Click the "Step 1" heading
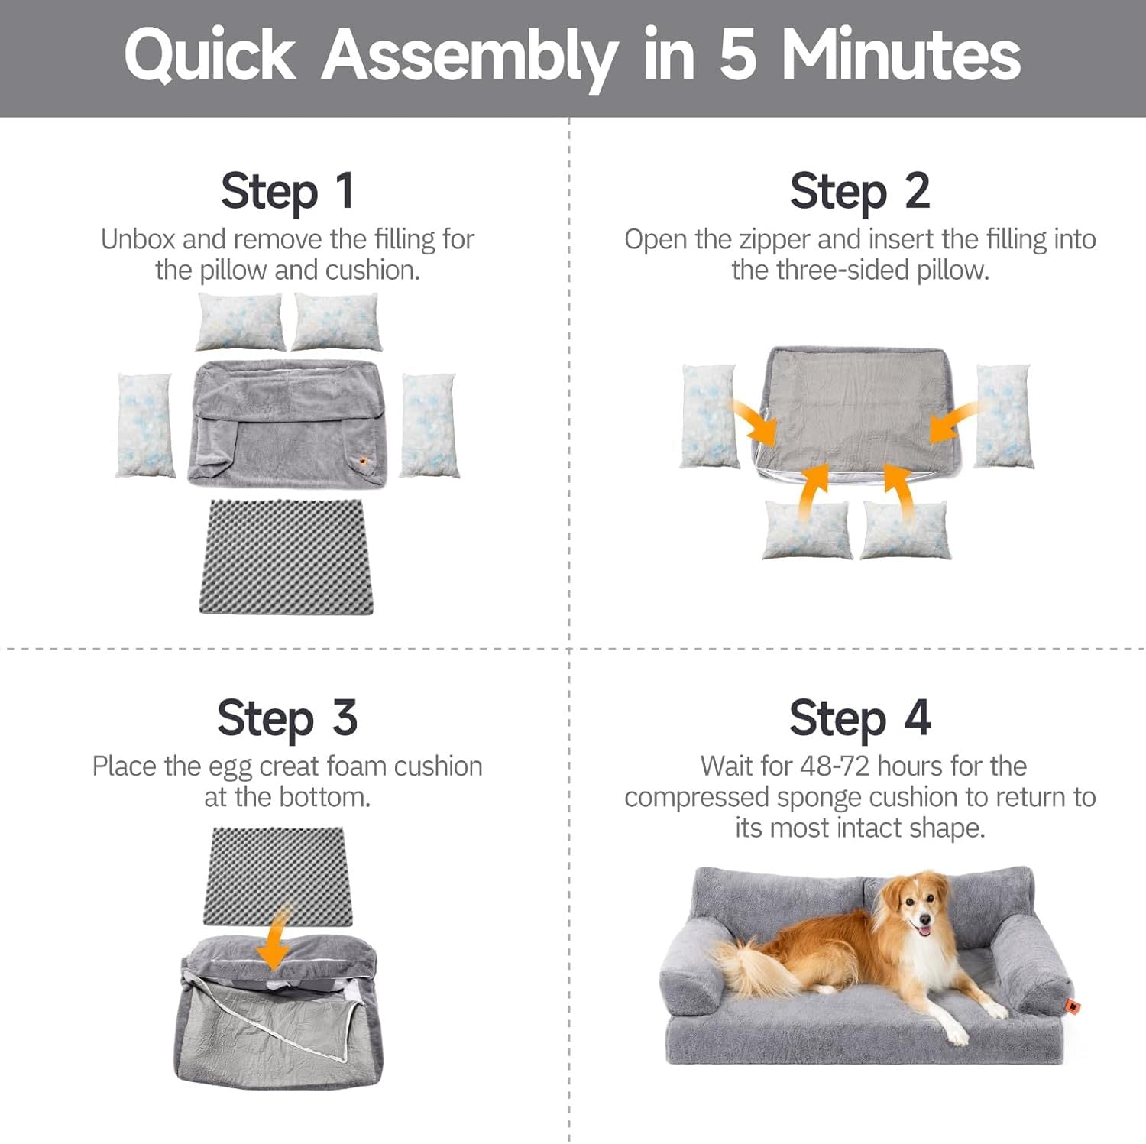point(287,190)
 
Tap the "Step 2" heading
point(859,190)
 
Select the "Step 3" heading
point(287,718)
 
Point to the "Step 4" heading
point(859,718)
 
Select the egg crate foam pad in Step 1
point(286,556)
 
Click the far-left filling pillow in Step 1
point(144,425)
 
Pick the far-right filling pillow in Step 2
point(1004,416)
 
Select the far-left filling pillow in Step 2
point(709,416)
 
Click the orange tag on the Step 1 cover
point(362,460)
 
